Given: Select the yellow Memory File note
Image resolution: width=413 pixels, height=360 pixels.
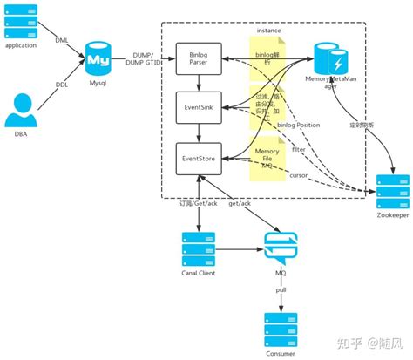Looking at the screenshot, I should (x=267, y=156).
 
